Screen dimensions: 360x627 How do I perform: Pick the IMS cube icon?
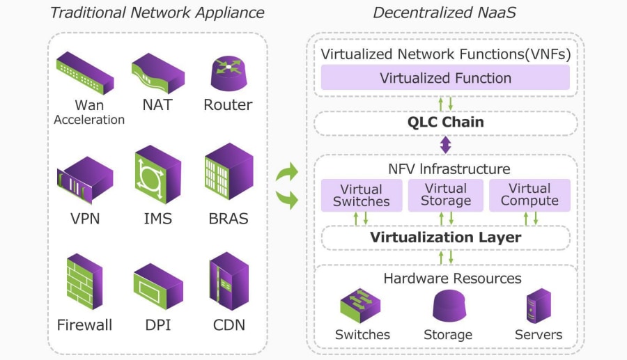point(157,178)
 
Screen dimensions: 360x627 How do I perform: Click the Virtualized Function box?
point(445,78)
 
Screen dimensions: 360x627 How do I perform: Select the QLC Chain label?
point(445,123)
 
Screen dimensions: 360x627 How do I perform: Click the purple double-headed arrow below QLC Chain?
point(446,145)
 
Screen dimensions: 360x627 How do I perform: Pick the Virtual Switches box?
point(362,195)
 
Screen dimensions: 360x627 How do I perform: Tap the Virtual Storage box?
point(446,195)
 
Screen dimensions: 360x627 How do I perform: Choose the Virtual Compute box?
point(529,195)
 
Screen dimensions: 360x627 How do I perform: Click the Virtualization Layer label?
point(445,237)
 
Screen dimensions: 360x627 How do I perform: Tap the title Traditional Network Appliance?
point(157,13)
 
